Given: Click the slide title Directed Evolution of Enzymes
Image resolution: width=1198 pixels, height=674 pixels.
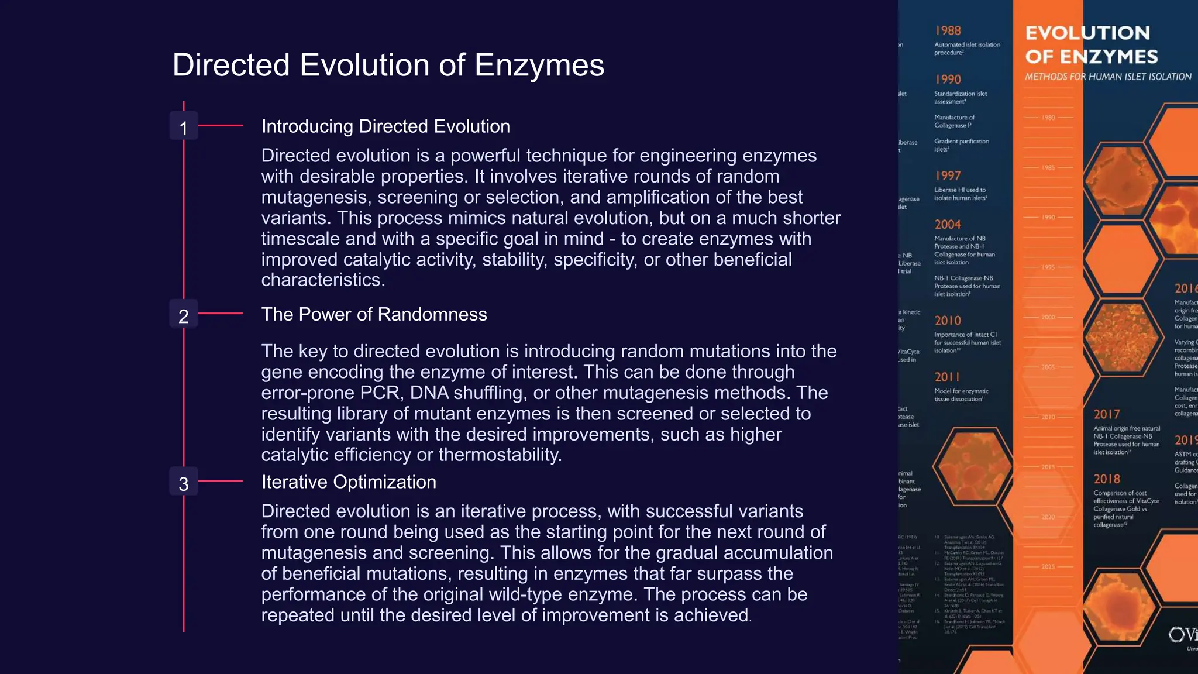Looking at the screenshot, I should pyautogui.click(x=388, y=65).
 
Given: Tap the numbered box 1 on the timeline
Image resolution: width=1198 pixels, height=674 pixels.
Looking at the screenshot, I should pyautogui.click(x=184, y=126).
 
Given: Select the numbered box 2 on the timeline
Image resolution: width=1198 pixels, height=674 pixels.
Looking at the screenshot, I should pyautogui.click(x=184, y=315).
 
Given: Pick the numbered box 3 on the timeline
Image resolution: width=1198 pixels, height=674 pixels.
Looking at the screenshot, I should pyautogui.click(x=184, y=482).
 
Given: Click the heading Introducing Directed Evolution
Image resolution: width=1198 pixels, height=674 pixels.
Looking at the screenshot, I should pyautogui.click(x=385, y=126).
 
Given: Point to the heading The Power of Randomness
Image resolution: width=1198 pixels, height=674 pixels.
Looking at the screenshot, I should pyautogui.click(x=374, y=314).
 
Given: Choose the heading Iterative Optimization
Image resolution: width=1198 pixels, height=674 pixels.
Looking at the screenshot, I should pyautogui.click(x=349, y=482).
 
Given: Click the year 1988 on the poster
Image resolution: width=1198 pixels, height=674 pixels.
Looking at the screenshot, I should pyautogui.click(x=948, y=31).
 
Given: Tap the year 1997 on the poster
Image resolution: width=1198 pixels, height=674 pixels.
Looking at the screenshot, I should pyautogui.click(x=948, y=176).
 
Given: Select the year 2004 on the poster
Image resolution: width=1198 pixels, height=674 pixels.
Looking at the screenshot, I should pyautogui.click(x=948, y=225).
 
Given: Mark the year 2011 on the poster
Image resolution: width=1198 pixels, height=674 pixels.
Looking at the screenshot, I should pyautogui.click(x=947, y=377).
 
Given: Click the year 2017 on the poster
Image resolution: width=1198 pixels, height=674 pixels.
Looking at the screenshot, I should pyautogui.click(x=1107, y=415).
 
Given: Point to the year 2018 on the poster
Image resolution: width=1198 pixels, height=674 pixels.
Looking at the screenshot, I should pyautogui.click(x=1107, y=479).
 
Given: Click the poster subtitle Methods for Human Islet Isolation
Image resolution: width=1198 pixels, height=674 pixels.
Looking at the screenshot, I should pyautogui.click(x=1108, y=77).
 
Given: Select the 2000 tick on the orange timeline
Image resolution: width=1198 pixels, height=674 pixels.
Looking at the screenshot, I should pyautogui.click(x=1048, y=317).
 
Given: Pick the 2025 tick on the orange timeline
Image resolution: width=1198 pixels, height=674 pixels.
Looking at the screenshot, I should pyautogui.click(x=1048, y=567).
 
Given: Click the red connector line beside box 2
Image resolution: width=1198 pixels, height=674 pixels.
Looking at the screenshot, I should pyautogui.click(x=221, y=314).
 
